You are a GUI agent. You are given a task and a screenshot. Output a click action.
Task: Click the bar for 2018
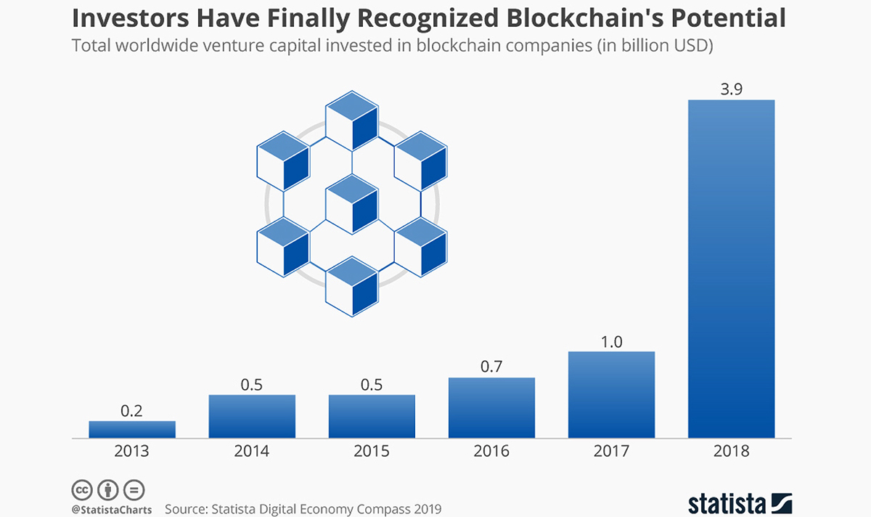tap(731, 269)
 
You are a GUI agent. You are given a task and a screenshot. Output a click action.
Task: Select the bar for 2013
tap(132, 429)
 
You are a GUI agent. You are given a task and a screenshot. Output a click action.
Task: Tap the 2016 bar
tap(491, 407)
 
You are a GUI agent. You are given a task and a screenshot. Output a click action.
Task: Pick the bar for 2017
tap(611, 395)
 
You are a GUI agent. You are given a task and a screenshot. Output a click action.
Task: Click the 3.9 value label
tap(731, 89)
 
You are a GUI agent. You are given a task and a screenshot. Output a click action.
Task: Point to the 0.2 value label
tap(132, 410)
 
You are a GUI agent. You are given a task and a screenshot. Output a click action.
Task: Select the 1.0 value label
tap(611, 341)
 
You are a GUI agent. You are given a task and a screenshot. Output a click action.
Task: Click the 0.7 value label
tap(491, 367)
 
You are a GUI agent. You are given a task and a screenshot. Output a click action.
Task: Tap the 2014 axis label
tap(252, 451)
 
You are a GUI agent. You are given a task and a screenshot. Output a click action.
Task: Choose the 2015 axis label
tap(372, 451)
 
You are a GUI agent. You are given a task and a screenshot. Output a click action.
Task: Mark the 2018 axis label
tap(731, 451)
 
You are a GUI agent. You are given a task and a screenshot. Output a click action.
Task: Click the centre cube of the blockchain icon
tap(352, 204)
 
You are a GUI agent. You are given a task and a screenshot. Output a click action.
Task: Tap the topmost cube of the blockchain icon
tap(352, 119)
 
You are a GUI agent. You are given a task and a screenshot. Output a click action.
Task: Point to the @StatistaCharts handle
tap(111, 510)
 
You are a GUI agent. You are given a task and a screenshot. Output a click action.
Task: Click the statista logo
tap(740, 502)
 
